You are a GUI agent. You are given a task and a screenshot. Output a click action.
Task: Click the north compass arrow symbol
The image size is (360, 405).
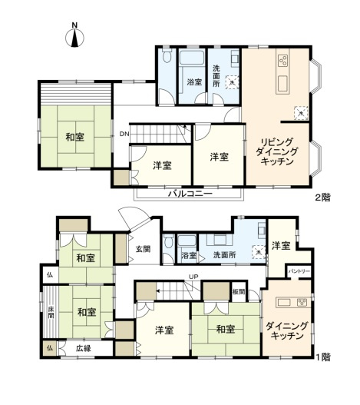(74, 38)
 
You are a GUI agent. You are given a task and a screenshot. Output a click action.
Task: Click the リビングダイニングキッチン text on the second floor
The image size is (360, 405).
(274, 151)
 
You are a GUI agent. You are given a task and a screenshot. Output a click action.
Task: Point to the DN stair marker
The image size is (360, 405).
(124, 134)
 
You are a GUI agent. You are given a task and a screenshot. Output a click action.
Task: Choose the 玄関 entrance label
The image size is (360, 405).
(144, 248)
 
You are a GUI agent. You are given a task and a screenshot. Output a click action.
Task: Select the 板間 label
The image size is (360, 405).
(239, 291)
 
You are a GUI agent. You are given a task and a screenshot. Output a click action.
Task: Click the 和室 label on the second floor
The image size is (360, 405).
(74, 138)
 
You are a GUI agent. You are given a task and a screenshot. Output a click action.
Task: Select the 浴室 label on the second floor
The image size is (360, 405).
(193, 81)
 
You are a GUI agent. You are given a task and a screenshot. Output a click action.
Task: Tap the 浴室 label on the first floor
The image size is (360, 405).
(187, 254)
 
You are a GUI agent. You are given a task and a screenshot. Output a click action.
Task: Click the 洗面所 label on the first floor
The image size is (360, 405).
(226, 254)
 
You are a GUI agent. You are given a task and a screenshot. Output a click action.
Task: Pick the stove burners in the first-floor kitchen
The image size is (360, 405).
(302, 301)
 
